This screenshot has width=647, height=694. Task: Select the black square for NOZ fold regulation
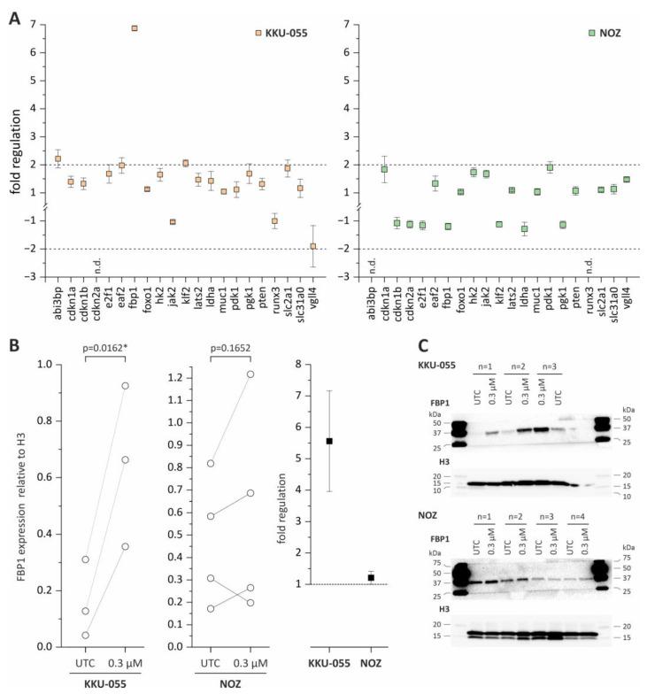(x=371, y=577)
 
